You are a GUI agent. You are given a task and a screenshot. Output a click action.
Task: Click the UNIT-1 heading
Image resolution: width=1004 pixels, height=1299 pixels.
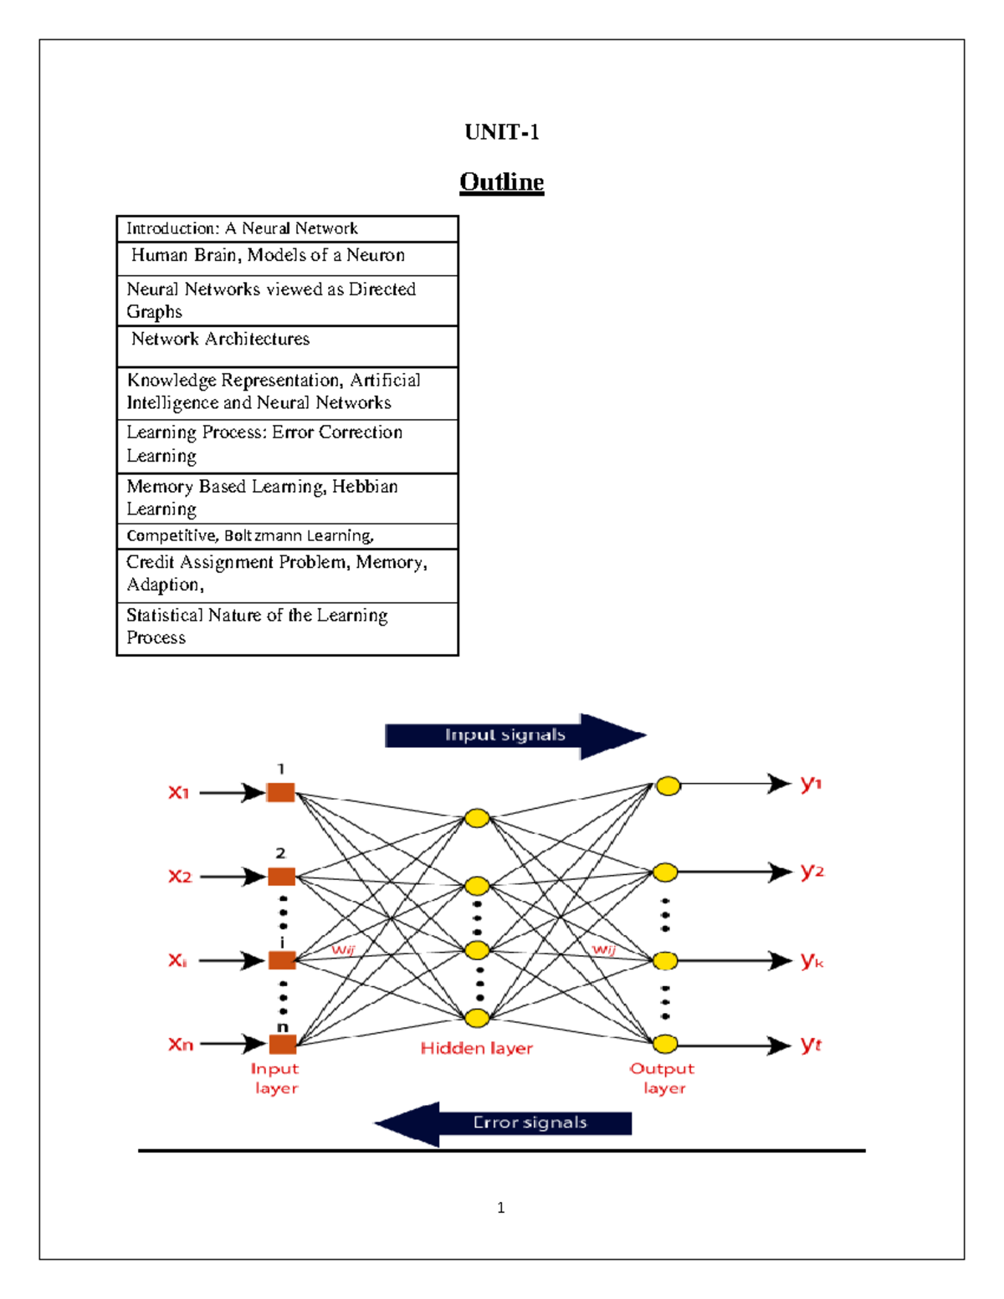click(x=502, y=132)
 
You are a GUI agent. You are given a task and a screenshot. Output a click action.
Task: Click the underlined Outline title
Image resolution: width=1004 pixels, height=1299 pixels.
click(x=502, y=182)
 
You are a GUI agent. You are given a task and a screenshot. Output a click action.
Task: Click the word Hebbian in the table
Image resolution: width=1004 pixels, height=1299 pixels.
click(x=365, y=486)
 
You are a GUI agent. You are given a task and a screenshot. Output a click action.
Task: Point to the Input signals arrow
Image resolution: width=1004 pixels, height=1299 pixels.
click(x=515, y=735)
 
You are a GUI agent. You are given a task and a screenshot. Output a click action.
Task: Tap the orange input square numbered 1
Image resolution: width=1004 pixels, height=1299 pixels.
click(x=281, y=792)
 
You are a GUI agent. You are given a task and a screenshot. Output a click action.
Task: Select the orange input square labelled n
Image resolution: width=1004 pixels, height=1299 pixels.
click(x=283, y=1044)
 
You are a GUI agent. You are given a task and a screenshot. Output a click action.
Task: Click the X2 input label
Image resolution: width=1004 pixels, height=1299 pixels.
click(x=180, y=877)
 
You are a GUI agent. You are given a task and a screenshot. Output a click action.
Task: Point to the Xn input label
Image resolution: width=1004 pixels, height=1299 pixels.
click(x=181, y=1044)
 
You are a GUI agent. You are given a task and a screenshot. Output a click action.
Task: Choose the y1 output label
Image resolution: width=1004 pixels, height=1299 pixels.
click(x=811, y=784)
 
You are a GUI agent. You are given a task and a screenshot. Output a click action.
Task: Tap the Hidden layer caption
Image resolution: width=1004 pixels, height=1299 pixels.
click(x=476, y=1048)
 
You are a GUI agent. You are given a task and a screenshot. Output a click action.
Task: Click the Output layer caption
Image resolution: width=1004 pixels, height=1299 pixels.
click(x=663, y=1078)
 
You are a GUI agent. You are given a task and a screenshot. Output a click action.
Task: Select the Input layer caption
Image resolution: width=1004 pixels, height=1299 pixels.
click(x=275, y=1078)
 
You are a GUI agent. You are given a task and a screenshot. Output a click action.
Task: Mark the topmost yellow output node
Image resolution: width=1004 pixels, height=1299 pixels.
click(x=668, y=785)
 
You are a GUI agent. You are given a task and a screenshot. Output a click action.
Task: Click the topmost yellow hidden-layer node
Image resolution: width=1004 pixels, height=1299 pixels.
click(x=477, y=817)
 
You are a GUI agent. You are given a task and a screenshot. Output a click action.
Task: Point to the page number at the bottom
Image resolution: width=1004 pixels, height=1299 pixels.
click(x=501, y=1207)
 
